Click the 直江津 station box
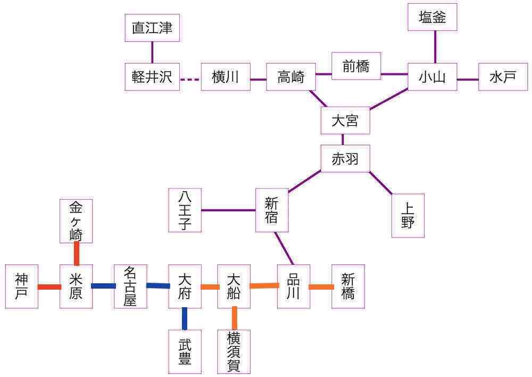pyautogui.click(x=152, y=28)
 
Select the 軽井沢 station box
pyautogui.click(x=152, y=77)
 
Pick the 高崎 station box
pyautogui.click(x=291, y=77)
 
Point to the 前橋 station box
pyautogui.click(x=356, y=66)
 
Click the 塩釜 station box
pyautogui.click(x=432, y=17)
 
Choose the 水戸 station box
pyautogui.click(x=503, y=77)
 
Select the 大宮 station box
pyautogui.click(x=345, y=120)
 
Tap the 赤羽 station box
pyautogui.click(x=345, y=159)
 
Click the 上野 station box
pyautogui.click(x=408, y=216)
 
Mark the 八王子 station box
pyautogui.click(x=185, y=210)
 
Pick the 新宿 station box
pyautogui.click(x=271, y=210)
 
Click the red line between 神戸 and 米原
pyautogui.click(x=49, y=287)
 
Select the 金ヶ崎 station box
pyautogui.click(x=76, y=221)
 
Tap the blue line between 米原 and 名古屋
pyautogui.click(x=103, y=286)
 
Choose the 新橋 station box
pyautogui.click(x=348, y=286)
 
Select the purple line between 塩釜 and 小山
pyautogui.click(x=435, y=47)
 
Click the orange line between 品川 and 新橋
pyautogui.click(x=321, y=288)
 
